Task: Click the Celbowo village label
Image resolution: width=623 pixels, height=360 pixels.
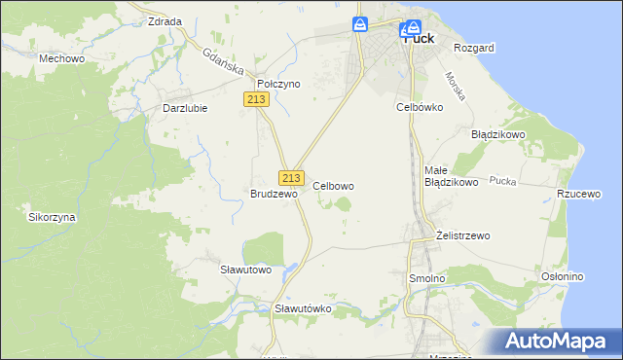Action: [x=333, y=185]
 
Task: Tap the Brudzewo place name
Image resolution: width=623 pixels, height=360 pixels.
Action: [x=274, y=194]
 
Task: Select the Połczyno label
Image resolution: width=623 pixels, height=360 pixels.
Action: [x=278, y=84]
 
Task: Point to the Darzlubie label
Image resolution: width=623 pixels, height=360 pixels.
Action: [x=185, y=108]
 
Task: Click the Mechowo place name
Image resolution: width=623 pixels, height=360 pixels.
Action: [x=59, y=58]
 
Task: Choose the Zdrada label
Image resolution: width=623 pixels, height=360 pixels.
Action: [x=165, y=21]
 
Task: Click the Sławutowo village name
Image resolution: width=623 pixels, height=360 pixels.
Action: [x=245, y=269]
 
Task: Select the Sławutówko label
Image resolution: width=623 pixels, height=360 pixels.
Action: [x=304, y=308]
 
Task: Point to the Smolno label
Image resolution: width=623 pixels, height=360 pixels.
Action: [x=426, y=278]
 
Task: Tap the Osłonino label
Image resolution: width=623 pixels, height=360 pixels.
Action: [x=562, y=276]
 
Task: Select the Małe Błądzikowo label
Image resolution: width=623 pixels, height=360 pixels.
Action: [x=451, y=176]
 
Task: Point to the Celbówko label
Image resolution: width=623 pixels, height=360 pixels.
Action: [x=420, y=107]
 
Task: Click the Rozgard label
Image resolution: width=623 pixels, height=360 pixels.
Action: [x=474, y=48]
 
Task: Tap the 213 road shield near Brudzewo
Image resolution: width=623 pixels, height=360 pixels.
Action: [x=291, y=178]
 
